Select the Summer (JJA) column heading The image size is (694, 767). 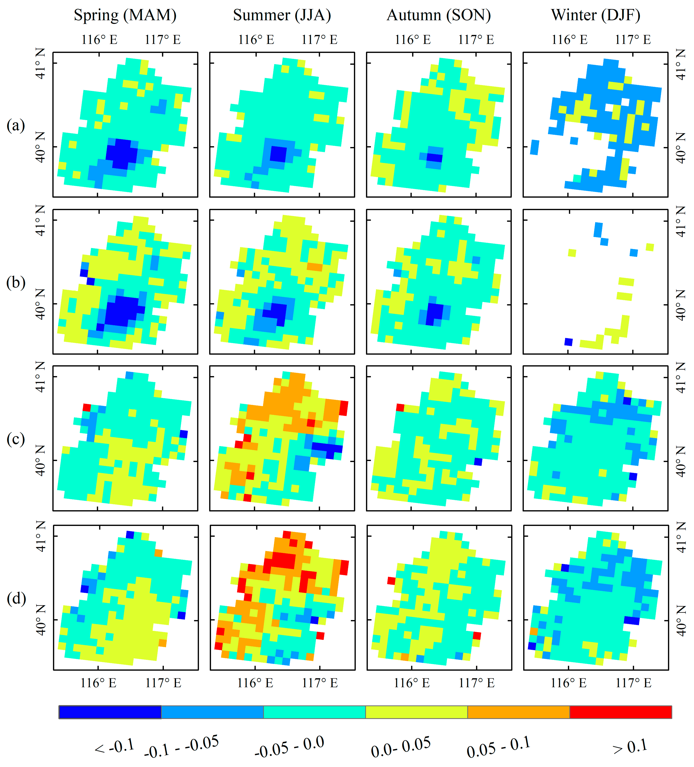point(282,15)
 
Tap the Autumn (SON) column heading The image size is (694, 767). point(439,15)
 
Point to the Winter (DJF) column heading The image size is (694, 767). point(595,15)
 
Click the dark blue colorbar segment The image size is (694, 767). point(110,712)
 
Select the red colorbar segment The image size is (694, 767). point(621,712)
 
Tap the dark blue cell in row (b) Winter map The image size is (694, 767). point(569,342)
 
